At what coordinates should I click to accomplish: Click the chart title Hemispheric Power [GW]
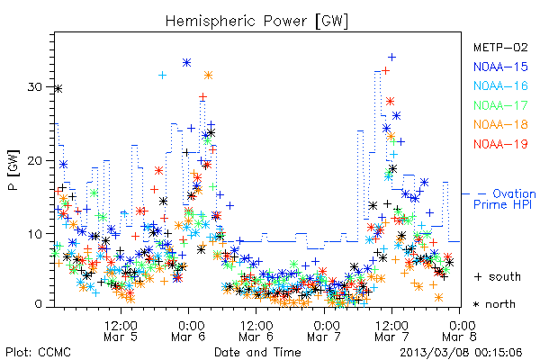point(256,22)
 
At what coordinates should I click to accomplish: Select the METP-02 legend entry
point(500,47)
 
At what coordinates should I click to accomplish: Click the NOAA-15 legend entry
point(500,67)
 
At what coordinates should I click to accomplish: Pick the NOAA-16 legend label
point(500,85)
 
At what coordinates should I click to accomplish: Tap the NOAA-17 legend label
point(500,105)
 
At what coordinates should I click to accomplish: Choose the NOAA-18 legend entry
point(500,124)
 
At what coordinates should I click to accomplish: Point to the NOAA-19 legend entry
point(500,144)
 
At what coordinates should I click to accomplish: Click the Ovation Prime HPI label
point(504,199)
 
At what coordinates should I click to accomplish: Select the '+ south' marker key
point(498,276)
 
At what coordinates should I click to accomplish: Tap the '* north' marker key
point(494,304)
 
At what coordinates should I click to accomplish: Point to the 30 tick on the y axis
point(35,86)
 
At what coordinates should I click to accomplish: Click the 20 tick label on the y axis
point(35,160)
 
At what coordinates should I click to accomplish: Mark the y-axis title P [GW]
point(13,170)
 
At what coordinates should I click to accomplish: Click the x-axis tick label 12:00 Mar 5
point(121,330)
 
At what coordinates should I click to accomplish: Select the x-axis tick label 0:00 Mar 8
point(459,330)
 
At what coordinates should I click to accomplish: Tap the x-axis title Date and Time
point(257,352)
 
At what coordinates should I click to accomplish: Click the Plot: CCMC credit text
point(38,352)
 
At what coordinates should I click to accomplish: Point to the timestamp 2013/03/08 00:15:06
point(461,353)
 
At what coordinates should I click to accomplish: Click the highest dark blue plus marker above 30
point(391,57)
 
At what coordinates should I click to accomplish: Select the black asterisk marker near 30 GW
point(58,89)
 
